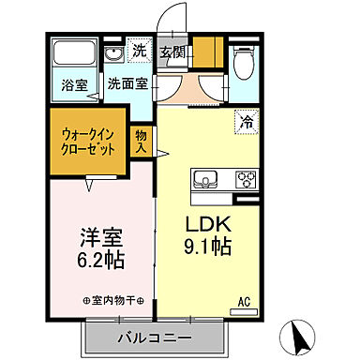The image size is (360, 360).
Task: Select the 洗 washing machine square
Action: coord(140,52)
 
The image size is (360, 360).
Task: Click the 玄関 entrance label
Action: coord(170,52)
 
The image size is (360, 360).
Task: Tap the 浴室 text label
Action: coord(75,84)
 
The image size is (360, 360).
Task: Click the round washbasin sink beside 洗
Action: coord(113,53)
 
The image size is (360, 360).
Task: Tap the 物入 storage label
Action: coord(141,142)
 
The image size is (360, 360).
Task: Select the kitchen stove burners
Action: coord(246,178)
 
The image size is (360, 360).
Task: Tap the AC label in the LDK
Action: coord(243,301)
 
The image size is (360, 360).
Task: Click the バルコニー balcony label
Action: coord(155,337)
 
